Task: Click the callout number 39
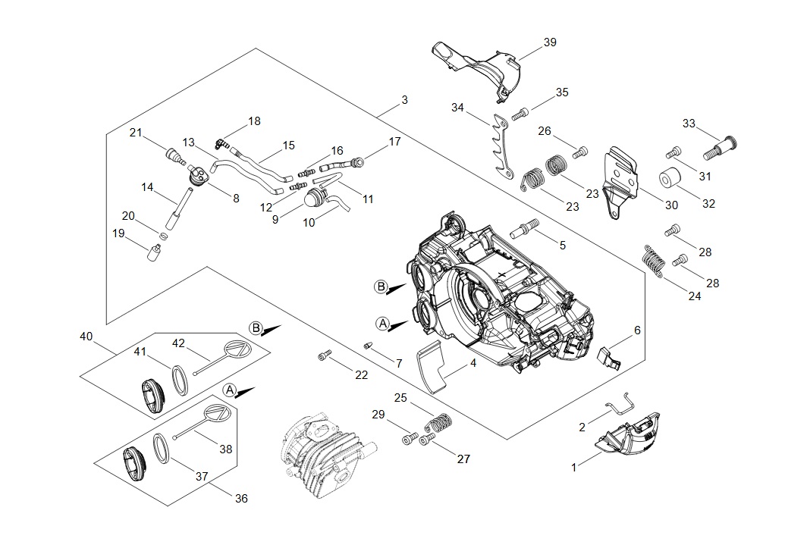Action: click(550, 42)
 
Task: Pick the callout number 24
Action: click(695, 296)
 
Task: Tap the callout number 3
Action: click(404, 99)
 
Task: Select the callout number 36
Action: click(241, 499)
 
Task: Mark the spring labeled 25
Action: click(438, 422)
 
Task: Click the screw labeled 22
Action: click(325, 355)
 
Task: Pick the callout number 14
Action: click(147, 186)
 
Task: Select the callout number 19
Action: click(118, 233)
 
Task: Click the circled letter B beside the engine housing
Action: click(381, 287)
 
